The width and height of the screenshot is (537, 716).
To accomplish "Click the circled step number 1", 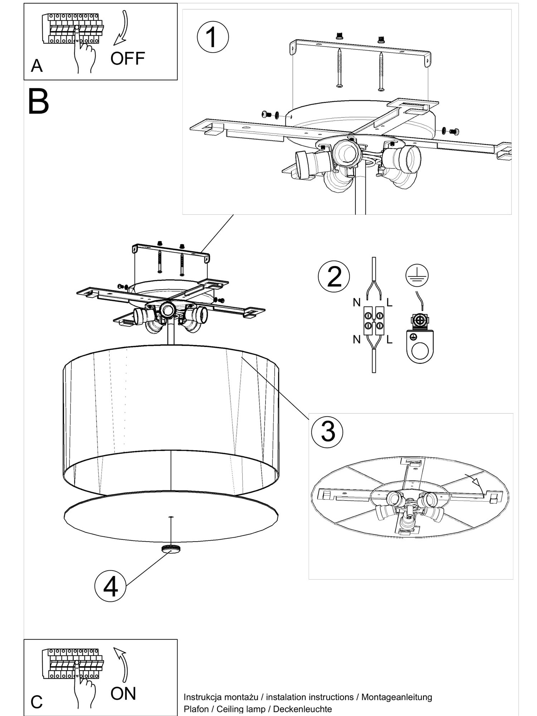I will (213, 37).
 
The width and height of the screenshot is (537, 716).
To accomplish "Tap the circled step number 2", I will (334, 276).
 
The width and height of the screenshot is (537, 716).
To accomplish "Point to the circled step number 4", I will (110, 586).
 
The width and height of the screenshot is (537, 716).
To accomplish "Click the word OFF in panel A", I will (127, 58).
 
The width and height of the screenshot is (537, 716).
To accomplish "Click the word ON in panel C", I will (123, 693).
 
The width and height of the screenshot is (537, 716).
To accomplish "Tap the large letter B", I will (38, 102).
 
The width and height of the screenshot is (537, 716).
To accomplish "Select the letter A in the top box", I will (37, 66).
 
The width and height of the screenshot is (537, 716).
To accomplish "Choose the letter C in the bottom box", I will (37, 702).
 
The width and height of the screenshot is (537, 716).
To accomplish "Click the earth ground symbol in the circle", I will (417, 275).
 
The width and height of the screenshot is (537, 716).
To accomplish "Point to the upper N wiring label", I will (357, 303).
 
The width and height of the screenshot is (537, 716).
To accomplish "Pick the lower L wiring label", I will (390, 339).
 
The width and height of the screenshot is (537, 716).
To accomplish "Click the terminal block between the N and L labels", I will (374, 321).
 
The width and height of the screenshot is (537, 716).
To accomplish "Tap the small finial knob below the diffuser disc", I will (171, 549).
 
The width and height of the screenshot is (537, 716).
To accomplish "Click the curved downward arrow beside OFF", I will (122, 29).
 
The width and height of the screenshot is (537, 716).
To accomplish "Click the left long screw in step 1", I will (339, 68).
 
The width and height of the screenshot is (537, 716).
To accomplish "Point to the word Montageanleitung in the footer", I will (397, 697).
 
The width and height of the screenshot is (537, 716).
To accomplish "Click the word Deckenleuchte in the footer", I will (303, 709).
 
